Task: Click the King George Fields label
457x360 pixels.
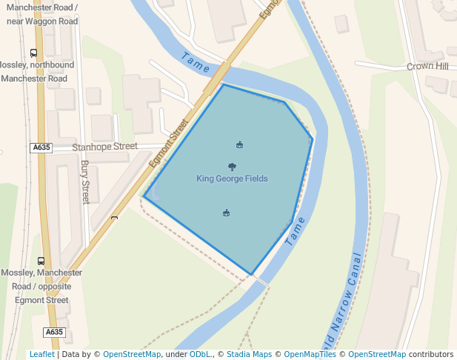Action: [x=232, y=179]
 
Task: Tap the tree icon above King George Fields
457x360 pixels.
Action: [x=233, y=167]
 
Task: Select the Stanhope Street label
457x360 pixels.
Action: [x=104, y=147]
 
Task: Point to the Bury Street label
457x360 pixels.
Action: [x=84, y=182]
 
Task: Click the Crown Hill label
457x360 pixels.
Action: [x=427, y=67]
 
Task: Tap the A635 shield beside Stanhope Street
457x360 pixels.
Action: [x=41, y=147]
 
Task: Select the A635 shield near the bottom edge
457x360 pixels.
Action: [x=54, y=333]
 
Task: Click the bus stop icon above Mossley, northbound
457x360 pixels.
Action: [x=33, y=53]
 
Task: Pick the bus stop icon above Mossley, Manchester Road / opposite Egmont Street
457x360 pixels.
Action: [x=41, y=261]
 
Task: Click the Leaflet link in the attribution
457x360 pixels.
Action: [x=41, y=354]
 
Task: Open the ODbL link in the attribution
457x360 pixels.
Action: [x=200, y=354]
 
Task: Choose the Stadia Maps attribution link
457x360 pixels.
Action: [x=249, y=354]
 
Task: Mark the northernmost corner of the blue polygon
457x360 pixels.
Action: [x=223, y=84]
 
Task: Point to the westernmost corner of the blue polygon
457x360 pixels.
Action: [x=144, y=197]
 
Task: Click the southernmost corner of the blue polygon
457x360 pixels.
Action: [x=252, y=275]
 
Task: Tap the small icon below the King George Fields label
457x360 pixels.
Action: [x=226, y=213]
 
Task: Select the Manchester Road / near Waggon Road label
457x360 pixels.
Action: [x=41, y=15]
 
